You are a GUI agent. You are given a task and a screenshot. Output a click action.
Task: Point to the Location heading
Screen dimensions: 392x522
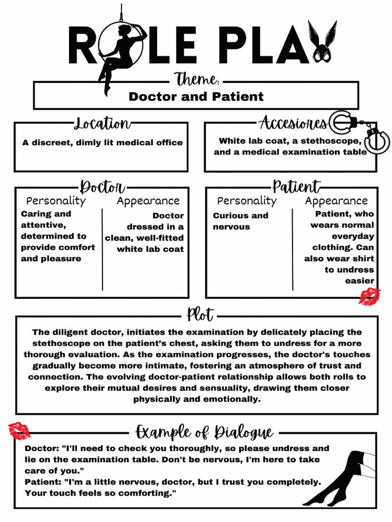pyautogui.click(x=102, y=123)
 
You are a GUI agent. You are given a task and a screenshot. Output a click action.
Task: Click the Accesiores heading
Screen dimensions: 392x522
pyautogui.click(x=292, y=123)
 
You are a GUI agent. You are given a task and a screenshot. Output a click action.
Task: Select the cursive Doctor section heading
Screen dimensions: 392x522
pyautogui.click(x=102, y=187)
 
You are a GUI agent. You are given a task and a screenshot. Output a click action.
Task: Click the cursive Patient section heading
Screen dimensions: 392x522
pyautogui.click(x=296, y=187)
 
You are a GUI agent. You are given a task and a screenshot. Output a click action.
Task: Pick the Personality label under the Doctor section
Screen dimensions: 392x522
pyautogui.click(x=56, y=201)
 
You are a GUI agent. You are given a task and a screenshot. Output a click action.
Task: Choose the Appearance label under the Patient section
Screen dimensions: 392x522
pyautogui.click(x=336, y=201)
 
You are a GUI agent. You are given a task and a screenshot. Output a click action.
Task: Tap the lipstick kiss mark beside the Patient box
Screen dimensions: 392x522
pyautogui.click(x=369, y=296)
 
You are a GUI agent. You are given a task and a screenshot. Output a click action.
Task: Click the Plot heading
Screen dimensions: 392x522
pyautogui.click(x=200, y=314)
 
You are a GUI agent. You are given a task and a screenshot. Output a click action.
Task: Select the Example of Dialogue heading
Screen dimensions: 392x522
pyautogui.click(x=204, y=432)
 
